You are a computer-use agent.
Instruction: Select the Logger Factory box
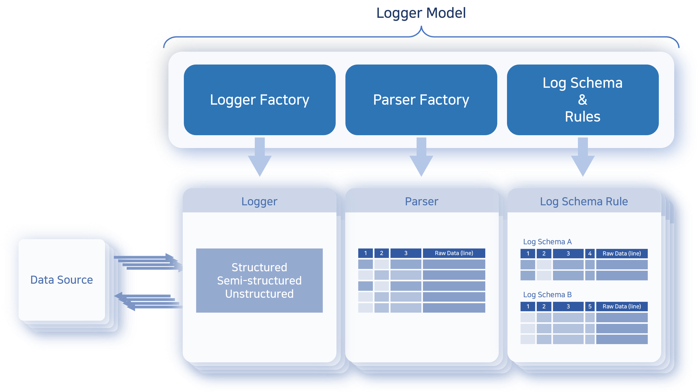coord(259,100)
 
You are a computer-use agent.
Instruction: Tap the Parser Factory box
coord(421,100)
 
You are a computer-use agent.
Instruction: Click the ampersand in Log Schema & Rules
coord(582,100)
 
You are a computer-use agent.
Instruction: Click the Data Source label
coord(61,280)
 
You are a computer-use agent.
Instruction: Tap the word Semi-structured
coord(259,281)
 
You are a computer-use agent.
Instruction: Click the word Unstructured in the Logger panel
coord(259,294)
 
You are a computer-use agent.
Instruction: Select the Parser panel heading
coord(421,202)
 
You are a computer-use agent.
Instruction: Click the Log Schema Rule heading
coord(584,202)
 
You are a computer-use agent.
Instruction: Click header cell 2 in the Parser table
coord(381,253)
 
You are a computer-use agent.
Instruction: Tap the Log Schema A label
coord(547,242)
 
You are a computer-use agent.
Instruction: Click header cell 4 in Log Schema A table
coord(590,253)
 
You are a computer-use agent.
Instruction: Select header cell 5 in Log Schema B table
coord(590,306)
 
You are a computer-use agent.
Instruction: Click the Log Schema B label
coord(547,294)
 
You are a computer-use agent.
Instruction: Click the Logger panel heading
coord(259,202)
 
